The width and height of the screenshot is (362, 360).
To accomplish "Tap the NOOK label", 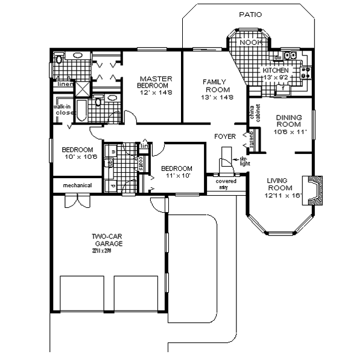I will (248, 43).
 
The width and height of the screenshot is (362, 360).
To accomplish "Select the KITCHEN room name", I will (275, 70).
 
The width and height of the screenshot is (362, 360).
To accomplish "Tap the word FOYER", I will (225, 137).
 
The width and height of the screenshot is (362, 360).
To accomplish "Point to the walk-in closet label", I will (63, 110).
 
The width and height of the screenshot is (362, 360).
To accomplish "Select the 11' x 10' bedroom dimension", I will (176, 176).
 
